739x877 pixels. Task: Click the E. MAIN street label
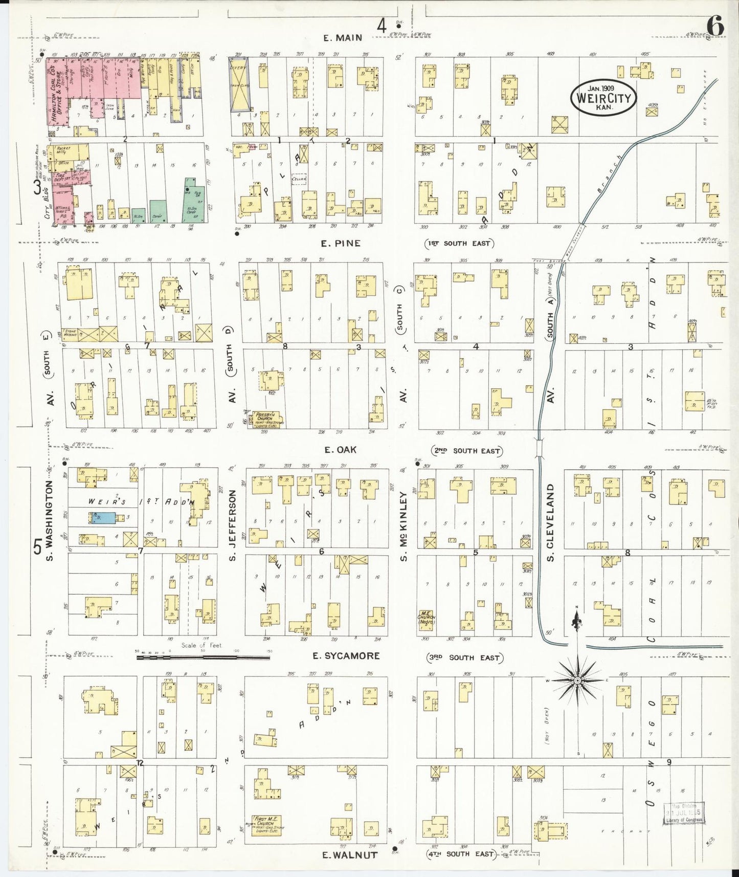coord(343,37)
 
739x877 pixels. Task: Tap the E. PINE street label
coord(341,244)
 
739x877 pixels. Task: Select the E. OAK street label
coord(340,450)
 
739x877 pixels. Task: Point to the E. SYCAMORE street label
coord(346,656)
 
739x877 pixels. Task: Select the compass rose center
coord(577,681)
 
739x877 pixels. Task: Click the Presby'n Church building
coord(268,419)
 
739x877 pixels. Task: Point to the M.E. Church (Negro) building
coord(427,620)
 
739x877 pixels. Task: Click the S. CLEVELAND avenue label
coord(550,522)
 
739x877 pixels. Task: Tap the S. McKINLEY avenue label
coord(404,525)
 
